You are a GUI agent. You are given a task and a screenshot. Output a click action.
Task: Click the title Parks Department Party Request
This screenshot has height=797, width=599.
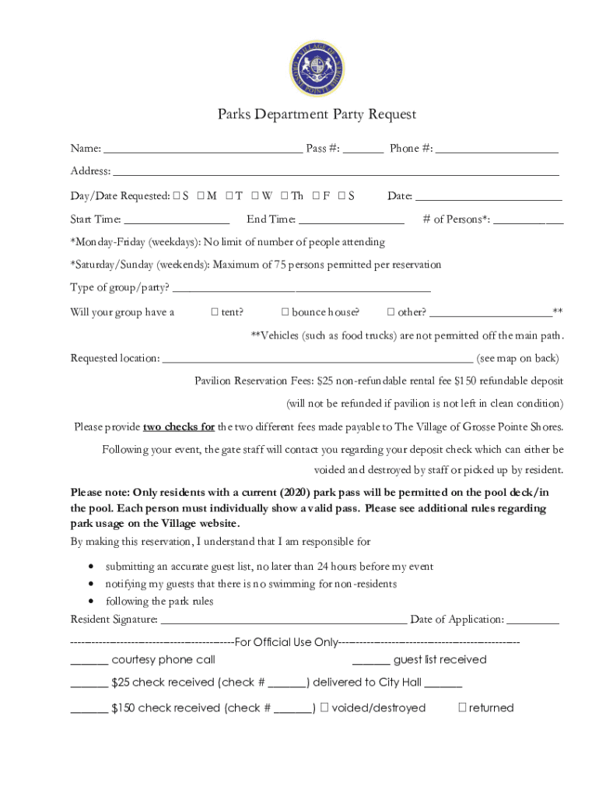click(317, 114)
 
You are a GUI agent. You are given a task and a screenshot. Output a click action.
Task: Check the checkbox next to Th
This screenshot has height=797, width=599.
click(285, 196)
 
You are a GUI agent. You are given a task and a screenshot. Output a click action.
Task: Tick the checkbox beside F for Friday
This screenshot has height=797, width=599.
click(317, 196)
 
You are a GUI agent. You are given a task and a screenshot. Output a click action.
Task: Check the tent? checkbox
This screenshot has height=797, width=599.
click(215, 313)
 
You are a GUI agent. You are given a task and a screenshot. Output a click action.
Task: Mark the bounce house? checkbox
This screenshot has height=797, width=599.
click(285, 313)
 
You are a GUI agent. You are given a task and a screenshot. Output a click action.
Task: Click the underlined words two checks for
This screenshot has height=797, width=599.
click(179, 427)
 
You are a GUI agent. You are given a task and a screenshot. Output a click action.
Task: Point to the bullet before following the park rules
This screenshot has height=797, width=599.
click(93, 602)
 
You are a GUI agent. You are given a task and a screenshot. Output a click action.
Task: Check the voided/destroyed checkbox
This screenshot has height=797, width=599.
click(325, 707)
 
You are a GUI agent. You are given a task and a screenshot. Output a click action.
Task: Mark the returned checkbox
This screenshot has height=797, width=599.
click(462, 707)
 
